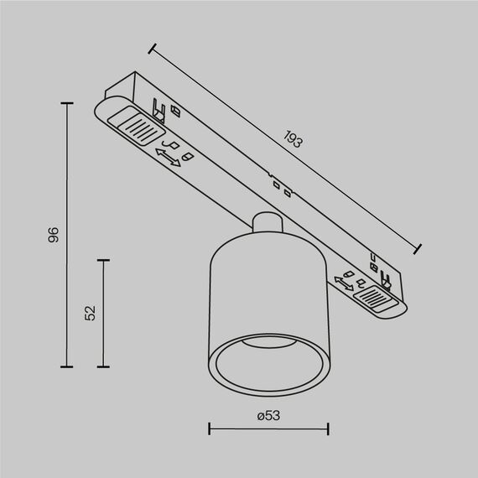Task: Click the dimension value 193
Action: [293, 140]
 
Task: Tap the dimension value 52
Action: [91, 313]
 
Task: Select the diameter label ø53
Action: [268, 414]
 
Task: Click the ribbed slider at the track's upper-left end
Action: [135, 128]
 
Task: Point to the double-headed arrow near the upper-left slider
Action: [169, 158]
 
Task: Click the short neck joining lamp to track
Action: [267, 225]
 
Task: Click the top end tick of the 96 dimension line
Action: [68, 103]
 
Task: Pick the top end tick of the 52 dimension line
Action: [104, 260]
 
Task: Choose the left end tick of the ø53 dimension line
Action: [209, 431]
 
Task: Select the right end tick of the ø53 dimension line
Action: [327, 431]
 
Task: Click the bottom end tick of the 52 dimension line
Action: [104, 366]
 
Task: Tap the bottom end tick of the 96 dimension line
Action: [68, 366]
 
